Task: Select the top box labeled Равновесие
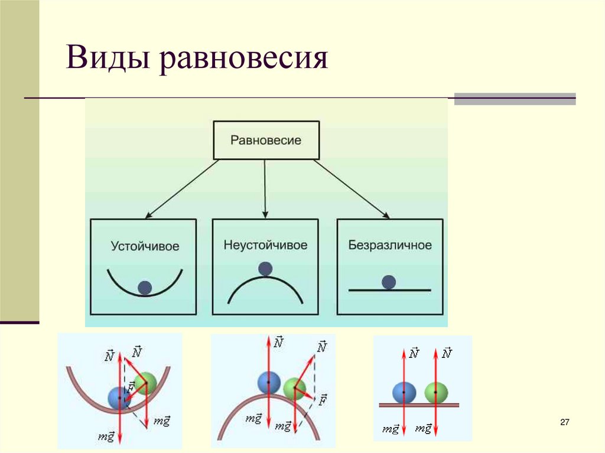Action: coord(266,141)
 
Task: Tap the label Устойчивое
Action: coord(145,246)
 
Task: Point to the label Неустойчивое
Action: coord(266,245)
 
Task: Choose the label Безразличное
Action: coord(390,245)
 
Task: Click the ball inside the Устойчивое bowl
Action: coord(145,288)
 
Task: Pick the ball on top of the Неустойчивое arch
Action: coord(265,269)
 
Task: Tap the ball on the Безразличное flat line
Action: coord(388,282)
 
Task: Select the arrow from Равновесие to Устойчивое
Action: coord(180,189)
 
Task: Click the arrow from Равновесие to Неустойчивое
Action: coord(265,189)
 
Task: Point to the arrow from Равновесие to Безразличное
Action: coord(352,189)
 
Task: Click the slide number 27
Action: coord(564,422)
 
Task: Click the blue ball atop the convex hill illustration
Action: coord(269,382)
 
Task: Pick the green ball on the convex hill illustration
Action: coord(295,390)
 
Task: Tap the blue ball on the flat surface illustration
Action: coord(404,392)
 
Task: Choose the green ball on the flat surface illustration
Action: coord(437,392)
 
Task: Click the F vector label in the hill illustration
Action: coord(323,401)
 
